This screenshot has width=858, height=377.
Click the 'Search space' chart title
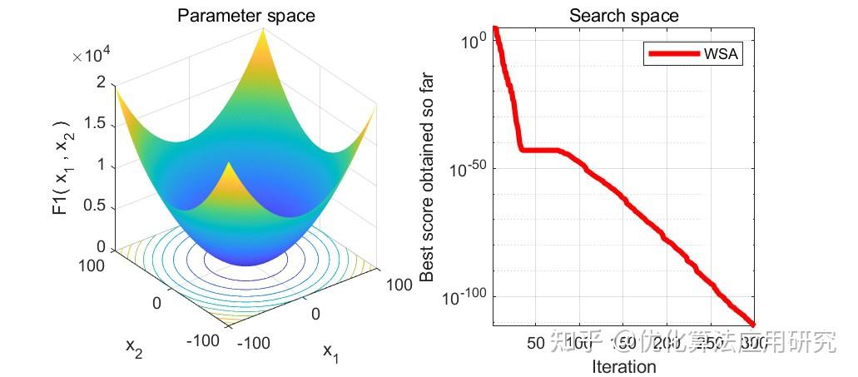coord(623,16)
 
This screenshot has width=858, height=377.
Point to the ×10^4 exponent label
coord(92,56)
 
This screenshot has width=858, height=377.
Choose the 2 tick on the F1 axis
coord(101,82)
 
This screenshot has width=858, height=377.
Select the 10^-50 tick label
coord(468,169)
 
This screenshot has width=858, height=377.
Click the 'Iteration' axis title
coord(623,366)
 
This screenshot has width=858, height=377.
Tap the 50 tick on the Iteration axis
coord(536,343)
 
